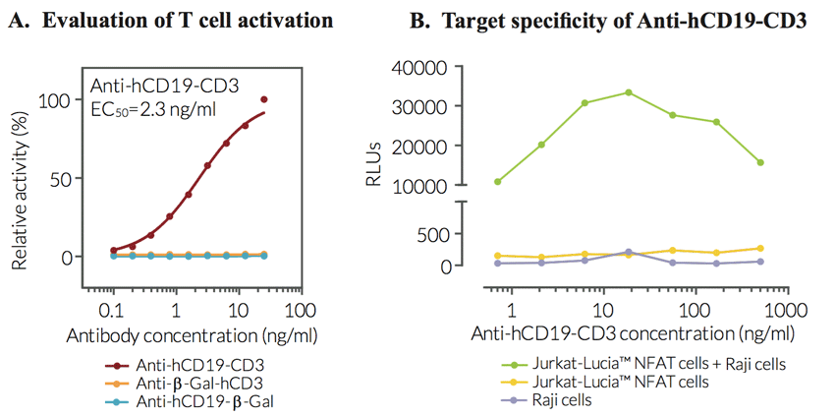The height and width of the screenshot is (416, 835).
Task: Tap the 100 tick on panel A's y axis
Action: pos(55,100)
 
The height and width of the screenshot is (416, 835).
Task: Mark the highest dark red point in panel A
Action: pos(264,99)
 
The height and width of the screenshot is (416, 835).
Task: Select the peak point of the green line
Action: pos(629,92)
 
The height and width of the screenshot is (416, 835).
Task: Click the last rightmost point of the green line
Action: pos(761,162)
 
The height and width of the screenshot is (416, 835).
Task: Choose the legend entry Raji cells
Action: pos(563,400)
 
